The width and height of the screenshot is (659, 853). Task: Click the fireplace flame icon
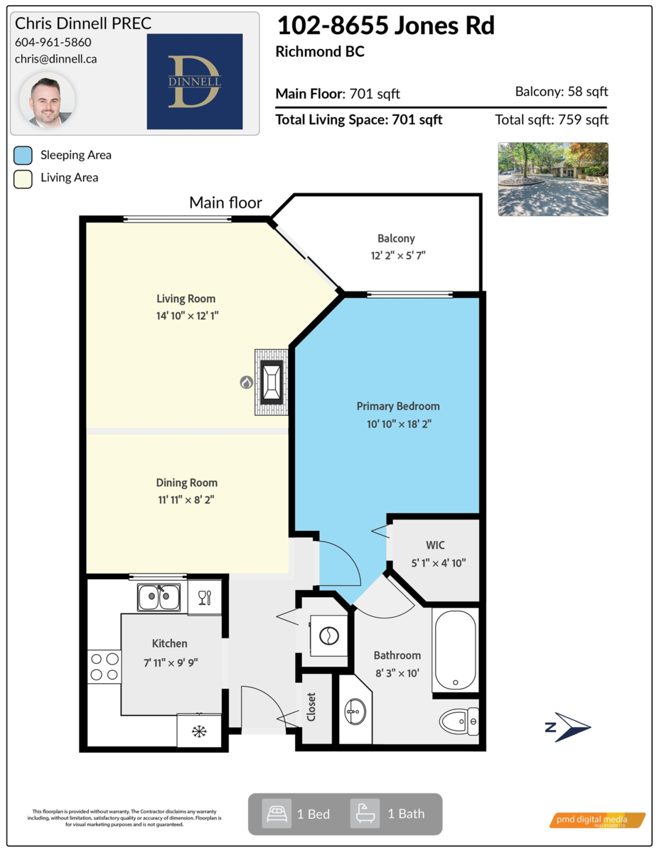(x=247, y=382)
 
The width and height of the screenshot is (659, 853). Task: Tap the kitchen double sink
(x=159, y=597)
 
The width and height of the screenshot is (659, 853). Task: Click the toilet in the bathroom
(x=459, y=721)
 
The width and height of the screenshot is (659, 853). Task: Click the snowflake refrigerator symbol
(x=199, y=731)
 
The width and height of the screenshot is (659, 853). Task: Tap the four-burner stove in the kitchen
(x=105, y=667)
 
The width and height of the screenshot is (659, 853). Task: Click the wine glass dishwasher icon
(x=205, y=597)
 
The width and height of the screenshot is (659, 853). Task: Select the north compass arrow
(x=568, y=727)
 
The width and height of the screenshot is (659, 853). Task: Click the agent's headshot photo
(x=48, y=100)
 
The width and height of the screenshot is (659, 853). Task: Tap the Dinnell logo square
(x=195, y=81)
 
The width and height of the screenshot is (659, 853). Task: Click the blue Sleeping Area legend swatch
(x=23, y=156)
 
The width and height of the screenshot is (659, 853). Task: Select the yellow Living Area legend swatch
(x=23, y=179)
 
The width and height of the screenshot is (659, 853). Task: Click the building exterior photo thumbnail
(x=553, y=179)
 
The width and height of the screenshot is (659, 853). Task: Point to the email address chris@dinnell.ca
(x=55, y=59)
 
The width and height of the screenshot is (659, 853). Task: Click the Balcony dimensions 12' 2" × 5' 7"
(x=398, y=256)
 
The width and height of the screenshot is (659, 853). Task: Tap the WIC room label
(x=435, y=544)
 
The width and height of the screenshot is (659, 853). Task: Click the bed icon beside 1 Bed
(x=277, y=814)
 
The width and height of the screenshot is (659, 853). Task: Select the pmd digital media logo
(x=597, y=820)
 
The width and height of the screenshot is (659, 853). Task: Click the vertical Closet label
(x=311, y=707)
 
